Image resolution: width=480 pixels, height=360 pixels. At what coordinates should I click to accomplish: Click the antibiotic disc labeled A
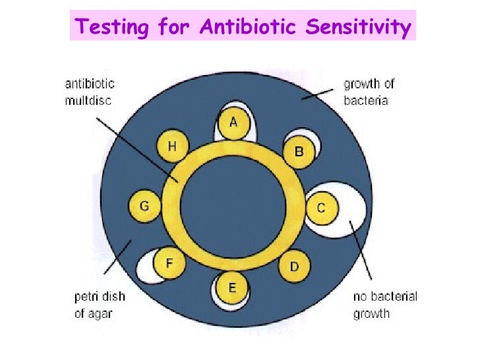tap(233, 124)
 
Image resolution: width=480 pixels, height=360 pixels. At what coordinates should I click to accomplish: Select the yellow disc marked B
tap(298, 152)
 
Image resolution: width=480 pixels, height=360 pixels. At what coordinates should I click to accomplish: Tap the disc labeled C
tap(321, 208)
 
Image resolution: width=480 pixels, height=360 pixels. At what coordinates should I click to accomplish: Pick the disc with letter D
tap(294, 266)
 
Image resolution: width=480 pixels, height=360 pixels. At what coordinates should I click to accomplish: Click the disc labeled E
tap(231, 287)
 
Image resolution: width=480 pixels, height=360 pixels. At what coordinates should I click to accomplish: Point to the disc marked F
tap(169, 264)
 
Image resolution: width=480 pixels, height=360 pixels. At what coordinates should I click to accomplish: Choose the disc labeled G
tap(144, 206)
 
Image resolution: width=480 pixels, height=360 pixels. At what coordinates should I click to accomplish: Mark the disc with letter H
tap(171, 147)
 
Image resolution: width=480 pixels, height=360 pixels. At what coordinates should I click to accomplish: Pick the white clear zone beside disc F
tap(148, 269)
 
